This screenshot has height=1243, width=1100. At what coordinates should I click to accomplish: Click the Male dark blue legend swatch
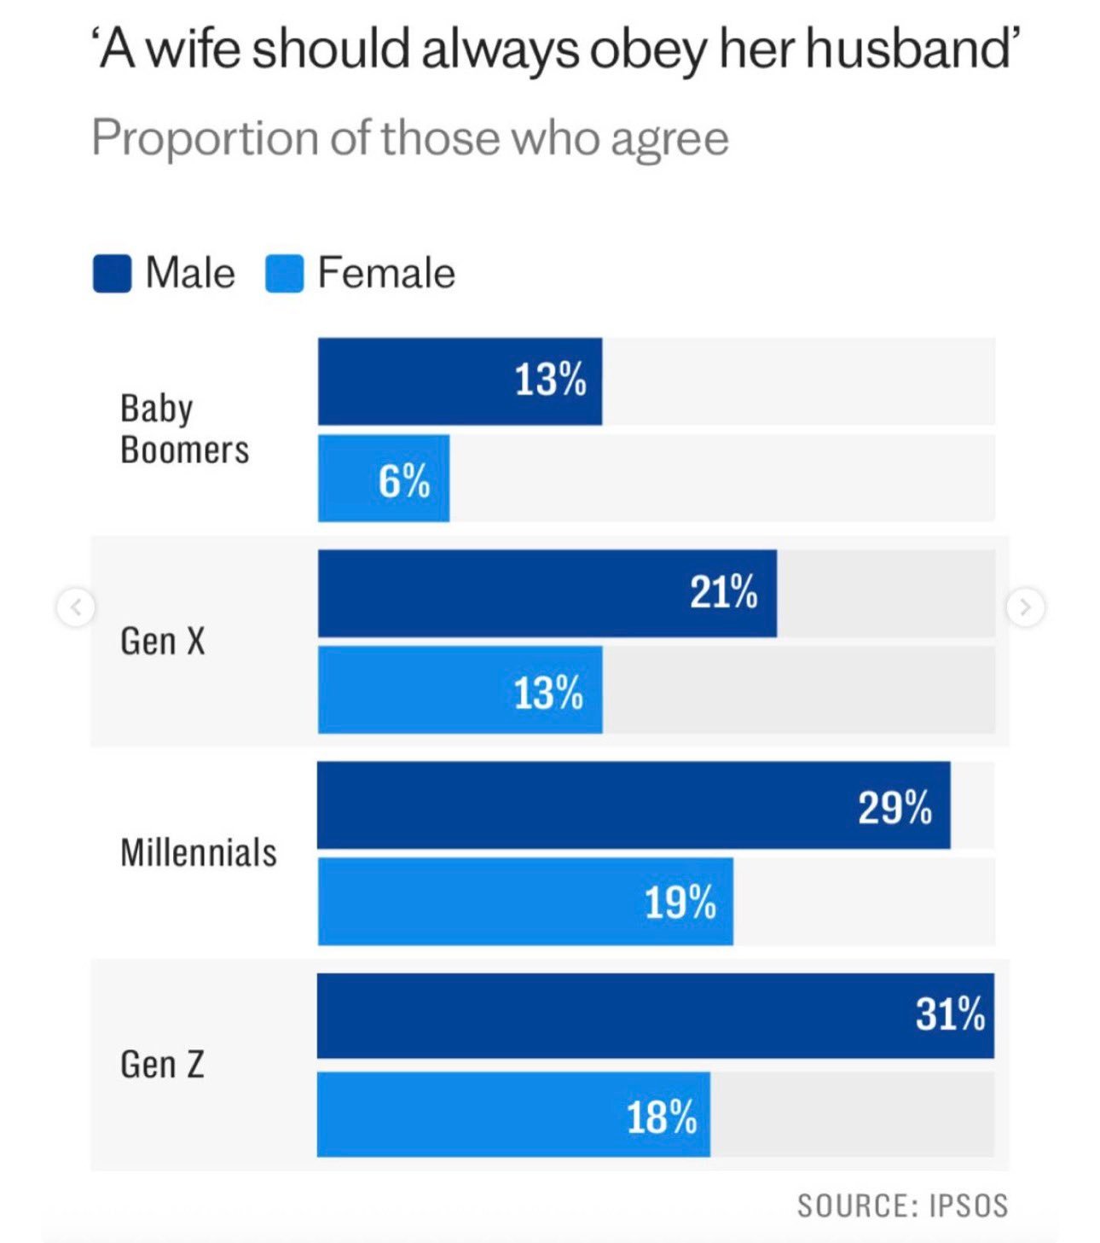pos(112,274)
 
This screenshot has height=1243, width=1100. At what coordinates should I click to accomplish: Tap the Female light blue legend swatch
pos(284,274)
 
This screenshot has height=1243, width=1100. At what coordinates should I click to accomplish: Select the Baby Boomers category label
pos(184,429)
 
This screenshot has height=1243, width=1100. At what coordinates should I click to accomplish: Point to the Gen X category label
pos(163,642)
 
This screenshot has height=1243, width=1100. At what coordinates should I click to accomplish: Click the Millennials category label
pos(199,852)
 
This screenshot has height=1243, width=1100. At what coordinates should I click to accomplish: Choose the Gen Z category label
pos(162,1064)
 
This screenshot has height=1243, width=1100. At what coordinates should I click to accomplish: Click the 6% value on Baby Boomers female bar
pos(403,481)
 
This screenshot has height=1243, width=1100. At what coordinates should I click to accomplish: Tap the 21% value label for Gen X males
pos(723,592)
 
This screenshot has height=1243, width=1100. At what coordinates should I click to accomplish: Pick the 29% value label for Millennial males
pos(894,807)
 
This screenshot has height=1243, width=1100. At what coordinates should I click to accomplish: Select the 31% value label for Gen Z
pos(951,1014)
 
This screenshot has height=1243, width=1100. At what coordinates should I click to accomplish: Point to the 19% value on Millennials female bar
pos(680,903)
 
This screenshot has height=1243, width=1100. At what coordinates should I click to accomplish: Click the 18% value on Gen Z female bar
pos(662,1118)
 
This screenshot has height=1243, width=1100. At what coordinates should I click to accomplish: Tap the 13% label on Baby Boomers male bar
pos(550,380)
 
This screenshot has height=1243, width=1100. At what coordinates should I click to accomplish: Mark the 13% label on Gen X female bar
pos(548,693)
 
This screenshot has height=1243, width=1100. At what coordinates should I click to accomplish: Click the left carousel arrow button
pos(76,607)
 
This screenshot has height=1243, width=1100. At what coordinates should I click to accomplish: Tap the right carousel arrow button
pos(1025,607)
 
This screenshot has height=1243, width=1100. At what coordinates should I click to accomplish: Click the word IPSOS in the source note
pos(969,1205)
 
